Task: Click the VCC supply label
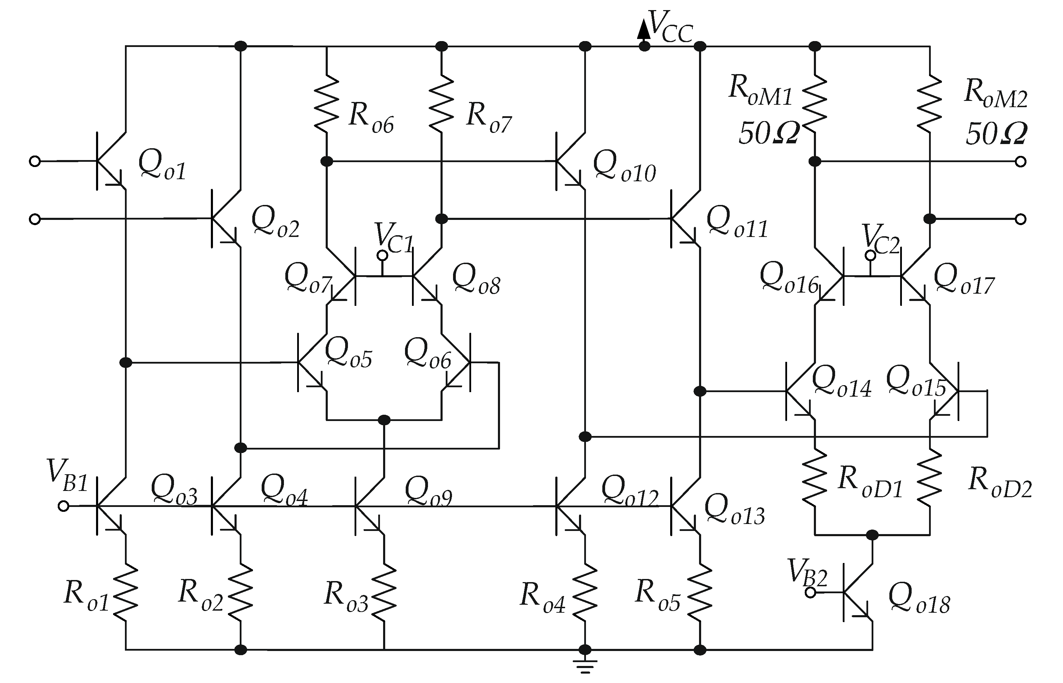(x=670, y=28)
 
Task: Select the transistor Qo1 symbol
(x=111, y=161)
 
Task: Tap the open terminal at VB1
(x=63, y=506)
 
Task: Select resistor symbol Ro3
(x=383, y=592)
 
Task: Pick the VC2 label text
(x=881, y=240)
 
